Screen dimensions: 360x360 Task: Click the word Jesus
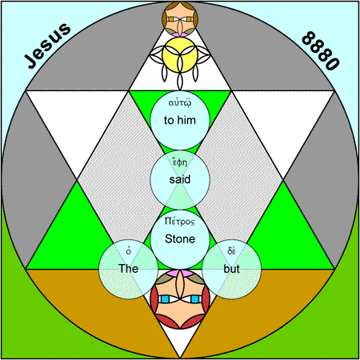[x=47, y=46]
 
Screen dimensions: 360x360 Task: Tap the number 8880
[x=321, y=50]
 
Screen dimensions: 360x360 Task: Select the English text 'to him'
[x=180, y=120]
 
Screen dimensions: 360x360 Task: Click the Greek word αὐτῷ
[x=180, y=102]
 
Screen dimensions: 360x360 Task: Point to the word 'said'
[x=180, y=179]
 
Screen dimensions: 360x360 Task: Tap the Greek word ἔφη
[x=180, y=162]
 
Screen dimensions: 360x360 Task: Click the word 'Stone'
[x=180, y=238]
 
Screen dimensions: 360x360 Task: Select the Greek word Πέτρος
[x=180, y=222]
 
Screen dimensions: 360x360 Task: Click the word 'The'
[x=128, y=269]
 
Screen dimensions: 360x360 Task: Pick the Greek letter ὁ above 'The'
[x=129, y=251]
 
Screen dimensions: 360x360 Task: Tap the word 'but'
[x=231, y=269]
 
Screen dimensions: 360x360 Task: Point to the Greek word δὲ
[x=231, y=251]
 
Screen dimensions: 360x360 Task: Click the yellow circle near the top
[x=180, y=54]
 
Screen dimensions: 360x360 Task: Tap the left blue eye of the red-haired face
[x=166, y=299]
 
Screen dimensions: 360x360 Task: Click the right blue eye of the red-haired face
[x=195, y=299]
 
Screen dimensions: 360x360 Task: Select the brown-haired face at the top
[x=180, y=19]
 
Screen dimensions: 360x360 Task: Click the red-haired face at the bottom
[x=180, y=299]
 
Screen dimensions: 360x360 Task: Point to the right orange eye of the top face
[x=189, y=19]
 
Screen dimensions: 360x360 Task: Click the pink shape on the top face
[x=180, y=34]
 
